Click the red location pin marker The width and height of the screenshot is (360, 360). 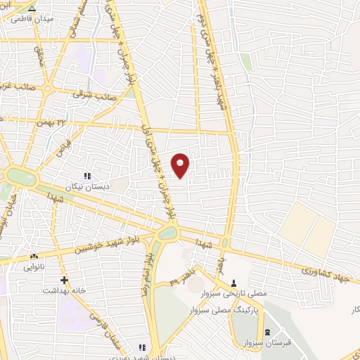pos(181,165)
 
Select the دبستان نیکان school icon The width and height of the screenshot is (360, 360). pos(87,176)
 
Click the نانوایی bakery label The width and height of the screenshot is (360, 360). pos(34,267)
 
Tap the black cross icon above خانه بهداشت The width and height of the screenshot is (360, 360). pos(63,280)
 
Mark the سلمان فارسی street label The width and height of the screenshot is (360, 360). pos(105,337)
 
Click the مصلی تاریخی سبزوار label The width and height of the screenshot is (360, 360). pos(235,291)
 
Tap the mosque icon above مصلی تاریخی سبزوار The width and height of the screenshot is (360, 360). pos(234,281)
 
